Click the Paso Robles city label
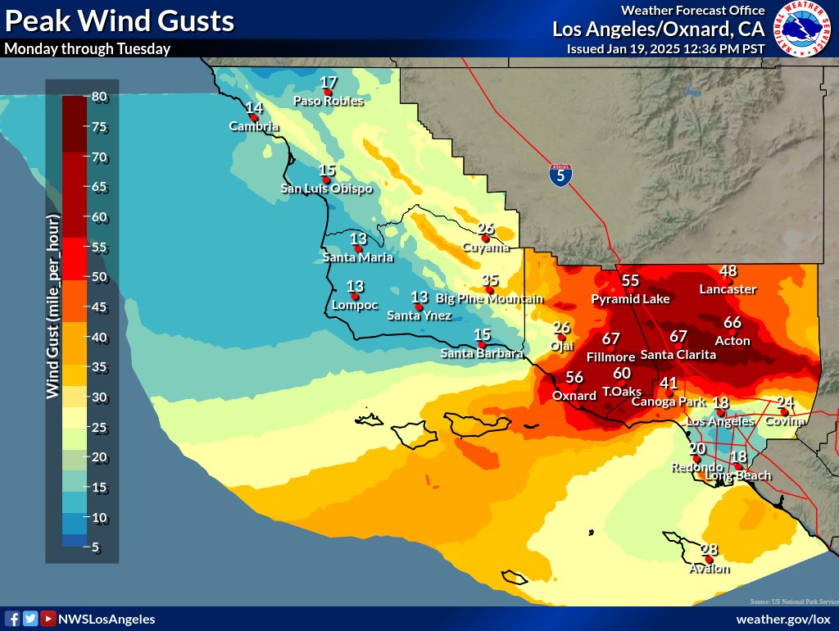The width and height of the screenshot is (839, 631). (x=328, y=102)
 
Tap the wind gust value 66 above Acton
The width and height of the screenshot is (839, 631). (x=732, y=323)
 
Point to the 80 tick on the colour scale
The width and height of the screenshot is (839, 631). (x=99, y=96)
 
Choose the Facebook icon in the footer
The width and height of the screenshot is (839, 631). (x=12, y=619)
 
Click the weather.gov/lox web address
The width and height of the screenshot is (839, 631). (x=782, y=619)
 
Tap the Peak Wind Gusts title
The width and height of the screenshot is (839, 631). (x=120, y=20)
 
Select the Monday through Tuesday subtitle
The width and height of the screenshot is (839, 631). (x=88, y=48)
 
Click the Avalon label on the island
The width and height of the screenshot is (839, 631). (x=709, y=568)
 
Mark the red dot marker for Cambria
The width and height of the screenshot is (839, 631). (x=254, y=117)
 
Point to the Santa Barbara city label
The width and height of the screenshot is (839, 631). (x=482, y=354)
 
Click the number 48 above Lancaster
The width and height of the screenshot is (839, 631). (x=728, y=271)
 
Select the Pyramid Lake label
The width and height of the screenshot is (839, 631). (x=631, y=299)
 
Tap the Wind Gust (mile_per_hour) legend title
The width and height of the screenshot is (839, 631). (x=53, y=306)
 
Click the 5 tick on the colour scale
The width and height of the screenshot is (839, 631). (x=96, y=547)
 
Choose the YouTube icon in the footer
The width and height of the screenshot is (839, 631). (x=48, y=619)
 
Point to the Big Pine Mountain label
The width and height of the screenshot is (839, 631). (x=489, y=299)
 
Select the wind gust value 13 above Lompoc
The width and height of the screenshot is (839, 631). (x=355, y=286)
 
